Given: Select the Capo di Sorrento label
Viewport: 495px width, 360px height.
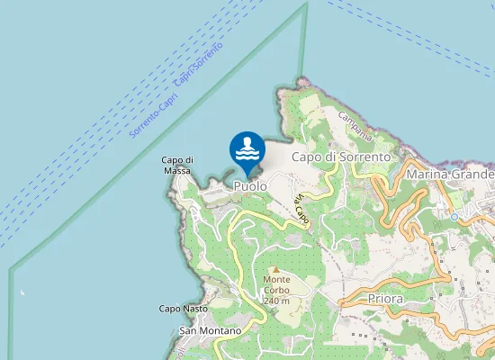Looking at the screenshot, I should [343, 157].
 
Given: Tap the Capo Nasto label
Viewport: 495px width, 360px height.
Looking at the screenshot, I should [184, 309].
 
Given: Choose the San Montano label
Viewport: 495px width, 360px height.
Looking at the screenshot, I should [211, 331].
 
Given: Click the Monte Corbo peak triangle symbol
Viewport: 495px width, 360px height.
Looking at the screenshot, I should [276, 270].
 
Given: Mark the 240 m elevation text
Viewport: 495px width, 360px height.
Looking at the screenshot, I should [276, 301].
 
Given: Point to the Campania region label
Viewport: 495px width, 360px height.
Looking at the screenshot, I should [355, 125].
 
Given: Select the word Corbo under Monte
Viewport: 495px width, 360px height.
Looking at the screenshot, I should [276, 291].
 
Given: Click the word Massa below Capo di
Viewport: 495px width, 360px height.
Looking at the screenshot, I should [176, 171].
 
